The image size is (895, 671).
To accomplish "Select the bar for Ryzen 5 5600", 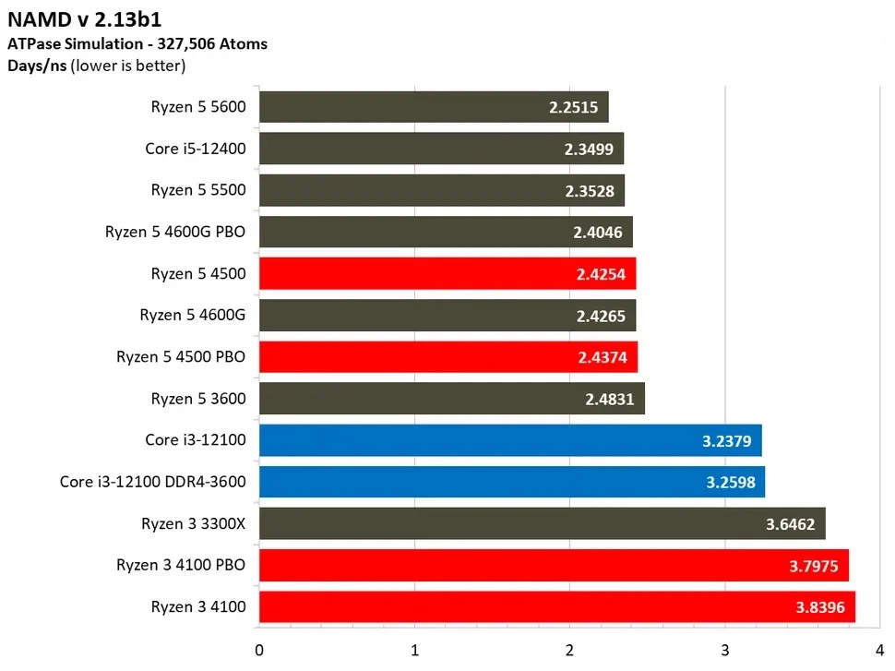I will [x=434, y=106].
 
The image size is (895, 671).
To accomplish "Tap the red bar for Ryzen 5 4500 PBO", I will [x=447, y=357].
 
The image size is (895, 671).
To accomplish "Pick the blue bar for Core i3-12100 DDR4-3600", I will [x=511, y=482].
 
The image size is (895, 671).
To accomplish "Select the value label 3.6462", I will [x=790, y=524].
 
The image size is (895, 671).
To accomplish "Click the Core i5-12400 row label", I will [x=196, y=148].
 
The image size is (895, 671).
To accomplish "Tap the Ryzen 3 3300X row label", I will [x=194, y=523].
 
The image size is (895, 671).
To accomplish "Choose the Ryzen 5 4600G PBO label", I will [x=175, y=232].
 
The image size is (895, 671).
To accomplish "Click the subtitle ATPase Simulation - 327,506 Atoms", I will [x=137, y=43].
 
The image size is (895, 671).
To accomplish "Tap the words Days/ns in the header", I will [x=36, y=66].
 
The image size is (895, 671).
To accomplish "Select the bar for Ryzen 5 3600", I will [x=451, y=399].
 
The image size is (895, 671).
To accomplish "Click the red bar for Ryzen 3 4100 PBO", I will [x=554, y=566].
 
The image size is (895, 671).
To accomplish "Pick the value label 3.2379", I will [x=726, y=440].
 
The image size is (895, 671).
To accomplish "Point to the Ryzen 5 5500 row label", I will [x=198, y=190].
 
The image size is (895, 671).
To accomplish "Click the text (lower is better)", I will [x=128, y=66].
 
